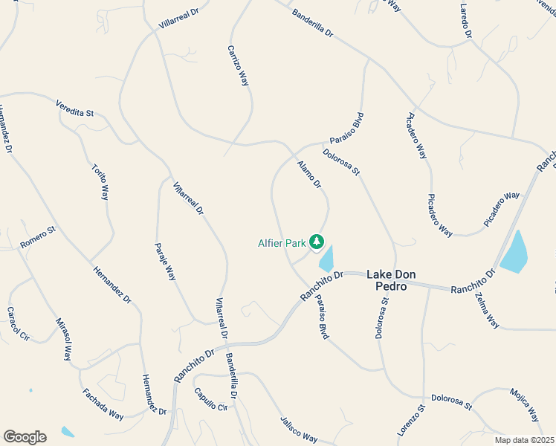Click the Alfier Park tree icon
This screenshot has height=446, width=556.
coord(317,241)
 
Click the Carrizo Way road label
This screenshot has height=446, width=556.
coord(239,65)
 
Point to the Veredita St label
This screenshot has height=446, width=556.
coord(74,109)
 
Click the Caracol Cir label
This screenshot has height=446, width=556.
coord(17,323)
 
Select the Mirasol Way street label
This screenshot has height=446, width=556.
coord(64,339)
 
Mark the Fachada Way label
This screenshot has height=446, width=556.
coord(103,404)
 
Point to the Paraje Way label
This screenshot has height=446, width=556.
coord(165,260)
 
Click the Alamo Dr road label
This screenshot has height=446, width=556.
coord(308,174)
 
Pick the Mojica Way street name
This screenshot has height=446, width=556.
coord(525,403)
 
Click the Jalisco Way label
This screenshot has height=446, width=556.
coord(299,429)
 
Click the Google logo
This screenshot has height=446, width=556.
coord(25,437)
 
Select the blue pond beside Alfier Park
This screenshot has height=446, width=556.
coord(326,259)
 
